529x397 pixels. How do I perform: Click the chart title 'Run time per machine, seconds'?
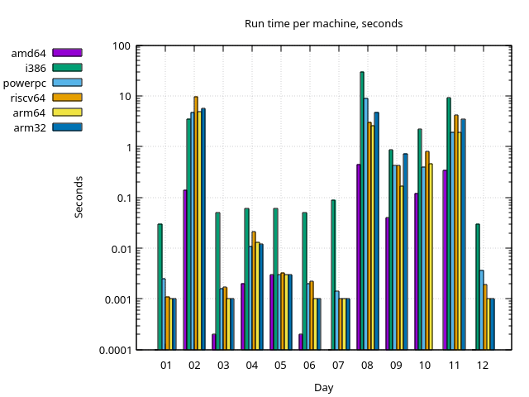pos(323,23)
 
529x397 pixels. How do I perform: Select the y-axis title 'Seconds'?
pos(79,197)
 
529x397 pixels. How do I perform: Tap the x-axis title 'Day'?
pos(323,387)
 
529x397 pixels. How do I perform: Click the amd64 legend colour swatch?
pos(67,53)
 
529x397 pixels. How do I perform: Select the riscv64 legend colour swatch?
pos(67,98)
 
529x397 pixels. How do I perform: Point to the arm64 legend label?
pos(30,112)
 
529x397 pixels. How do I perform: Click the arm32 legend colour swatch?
pos(67,127)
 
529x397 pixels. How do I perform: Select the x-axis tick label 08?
pos(367,365)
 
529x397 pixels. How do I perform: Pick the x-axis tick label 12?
pos(482,365)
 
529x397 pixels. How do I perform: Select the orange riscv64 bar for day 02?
pos(196,223)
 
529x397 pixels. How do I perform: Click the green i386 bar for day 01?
pos(160,286)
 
